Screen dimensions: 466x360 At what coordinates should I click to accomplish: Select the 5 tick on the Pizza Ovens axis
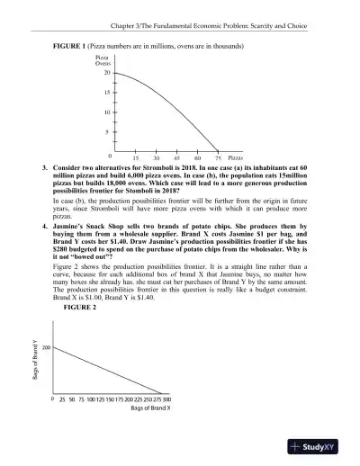(108, 132)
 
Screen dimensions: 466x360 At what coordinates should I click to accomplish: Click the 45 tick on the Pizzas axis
(178, 157)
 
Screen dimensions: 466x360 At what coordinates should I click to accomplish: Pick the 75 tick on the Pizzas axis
(219, 157)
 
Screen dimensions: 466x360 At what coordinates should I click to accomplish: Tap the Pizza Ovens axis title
(103, 60)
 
